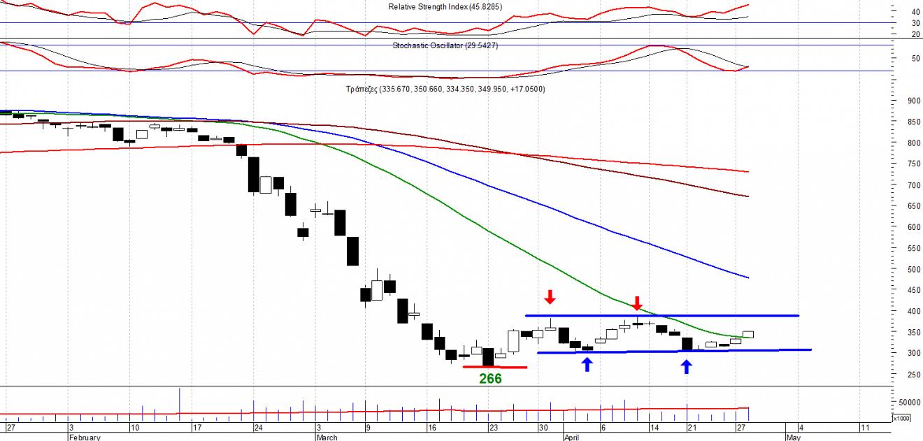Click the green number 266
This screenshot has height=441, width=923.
click(490, 379)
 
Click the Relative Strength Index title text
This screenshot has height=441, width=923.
click(445, 7)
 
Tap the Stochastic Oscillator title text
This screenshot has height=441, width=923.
click(445, 45)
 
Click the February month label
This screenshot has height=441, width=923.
click(85, 438)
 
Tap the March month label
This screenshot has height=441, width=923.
click(327, 438)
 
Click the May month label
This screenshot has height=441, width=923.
click(793, 438)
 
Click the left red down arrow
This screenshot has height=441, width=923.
click(550, 297)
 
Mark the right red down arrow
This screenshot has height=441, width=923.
click(636, 303)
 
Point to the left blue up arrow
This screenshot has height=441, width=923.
click(587, 364)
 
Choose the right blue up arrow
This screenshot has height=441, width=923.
click(687, 366)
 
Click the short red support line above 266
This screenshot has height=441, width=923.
click(495, 367)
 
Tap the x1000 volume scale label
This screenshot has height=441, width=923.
click(901, 418)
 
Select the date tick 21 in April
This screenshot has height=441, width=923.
click(690, 427)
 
